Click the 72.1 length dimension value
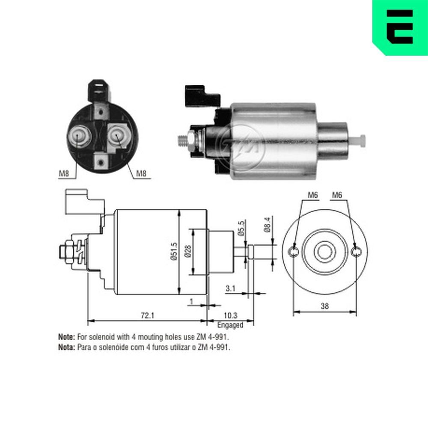coord(146,315)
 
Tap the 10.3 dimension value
coord(230,315)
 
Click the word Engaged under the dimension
coord(230,325)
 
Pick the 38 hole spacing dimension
coord(324,306)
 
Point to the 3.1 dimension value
coord(230,289)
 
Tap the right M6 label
coord(338,195)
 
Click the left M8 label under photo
coord(64,173)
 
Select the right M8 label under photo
coord(142,173)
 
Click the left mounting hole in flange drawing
coord(294,252)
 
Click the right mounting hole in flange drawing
coord(356,252)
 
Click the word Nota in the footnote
coord(66,348)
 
